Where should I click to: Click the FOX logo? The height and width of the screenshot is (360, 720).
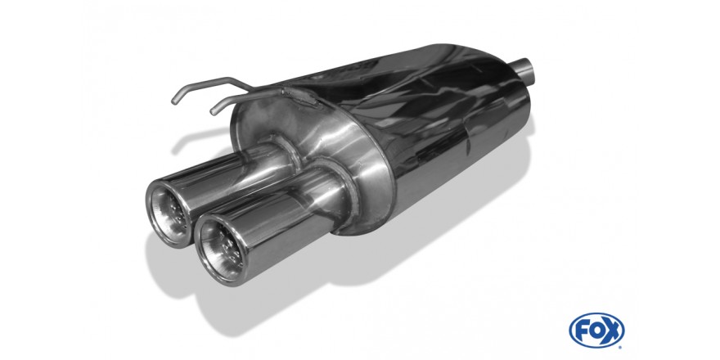coord(596,331)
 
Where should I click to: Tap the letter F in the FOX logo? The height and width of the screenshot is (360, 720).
coord(582,331)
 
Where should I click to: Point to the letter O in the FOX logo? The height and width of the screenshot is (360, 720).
coord(596,331)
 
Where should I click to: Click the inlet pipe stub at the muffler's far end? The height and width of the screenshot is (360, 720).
coord(523,70)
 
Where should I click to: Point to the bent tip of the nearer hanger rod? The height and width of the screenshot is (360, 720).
coord(214,110)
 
